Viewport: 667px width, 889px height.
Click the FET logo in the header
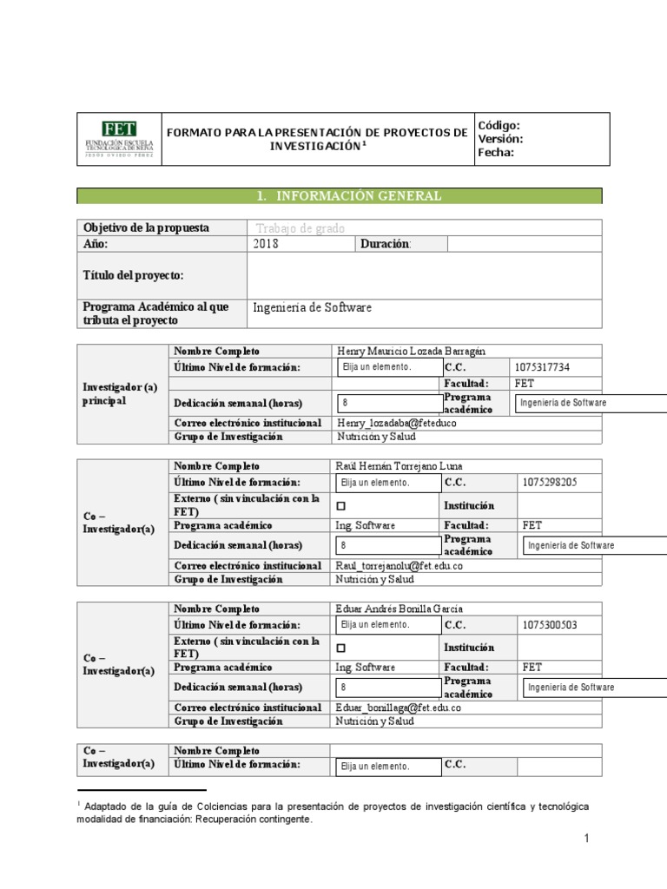coord(119,138)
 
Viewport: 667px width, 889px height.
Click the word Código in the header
coord(499,125)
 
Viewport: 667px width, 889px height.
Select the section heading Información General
coord(348,196)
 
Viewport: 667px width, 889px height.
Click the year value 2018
coord(266,244)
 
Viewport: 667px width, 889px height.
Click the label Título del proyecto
coord(133,275)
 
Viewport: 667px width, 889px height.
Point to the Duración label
coord(386,244)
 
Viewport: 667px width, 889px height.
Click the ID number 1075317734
coord(554,367)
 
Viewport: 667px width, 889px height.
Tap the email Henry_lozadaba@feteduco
coord(395,423)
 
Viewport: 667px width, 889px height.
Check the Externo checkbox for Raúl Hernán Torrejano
coord(340,505)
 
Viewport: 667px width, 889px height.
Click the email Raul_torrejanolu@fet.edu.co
coord(399,565)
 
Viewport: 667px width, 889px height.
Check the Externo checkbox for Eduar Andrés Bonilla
coord(340,648)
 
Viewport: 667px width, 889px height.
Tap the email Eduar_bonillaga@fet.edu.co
coord(397,708)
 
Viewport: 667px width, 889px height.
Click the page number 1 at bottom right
coord(586,838)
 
